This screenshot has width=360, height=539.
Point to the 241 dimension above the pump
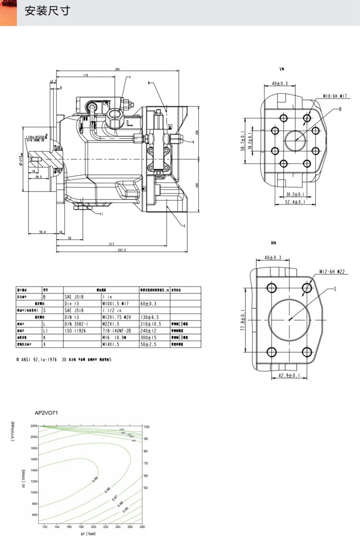118,70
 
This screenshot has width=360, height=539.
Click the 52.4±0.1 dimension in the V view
295,203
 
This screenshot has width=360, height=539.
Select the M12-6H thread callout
333,272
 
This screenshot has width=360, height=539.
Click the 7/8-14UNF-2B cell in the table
117,331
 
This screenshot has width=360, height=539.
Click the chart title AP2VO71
46,412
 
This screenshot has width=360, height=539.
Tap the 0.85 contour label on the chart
126,509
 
